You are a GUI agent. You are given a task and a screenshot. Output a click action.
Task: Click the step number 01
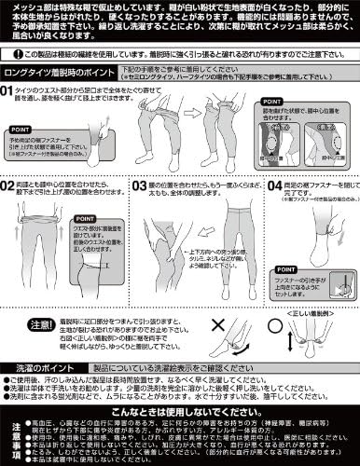pyautogui.click(x=9, y=116)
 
